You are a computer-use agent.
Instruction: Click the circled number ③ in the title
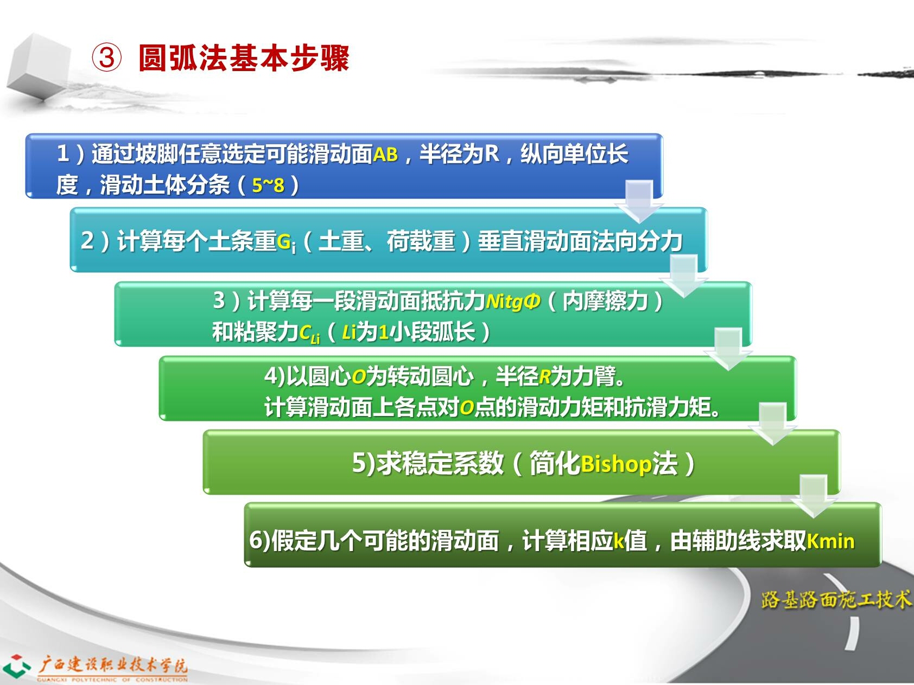(x=107, y=57)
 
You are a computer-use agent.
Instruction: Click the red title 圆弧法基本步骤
(x=244, y=57)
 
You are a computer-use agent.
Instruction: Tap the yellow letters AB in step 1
(x=385, y=155)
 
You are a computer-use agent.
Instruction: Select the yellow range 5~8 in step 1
(x=268, y=185)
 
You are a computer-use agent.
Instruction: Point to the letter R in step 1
(x=491, y=154)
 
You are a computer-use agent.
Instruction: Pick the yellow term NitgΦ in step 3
(x=513, y=300)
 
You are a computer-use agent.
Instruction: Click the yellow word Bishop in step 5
(x=616, y=464)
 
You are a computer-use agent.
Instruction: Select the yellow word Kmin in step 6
(x=830, y=541)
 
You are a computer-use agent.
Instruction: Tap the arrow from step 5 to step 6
(x=815, y=496)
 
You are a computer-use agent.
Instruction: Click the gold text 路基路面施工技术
(x=836, y=599)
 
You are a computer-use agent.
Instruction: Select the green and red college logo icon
(x=16, y=666)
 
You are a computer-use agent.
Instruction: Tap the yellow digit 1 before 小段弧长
(x=383, y=332)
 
